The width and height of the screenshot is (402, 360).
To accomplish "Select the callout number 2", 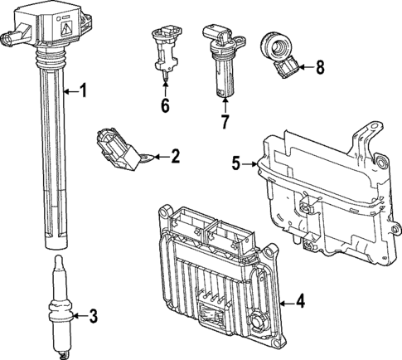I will click(x=174, y=154).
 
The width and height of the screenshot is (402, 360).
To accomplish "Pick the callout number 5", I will click(x=236, y=164).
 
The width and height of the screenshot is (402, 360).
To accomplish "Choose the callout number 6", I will click(x=165, y=105).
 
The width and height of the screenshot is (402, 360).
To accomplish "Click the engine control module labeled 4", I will click(x=217, y=277).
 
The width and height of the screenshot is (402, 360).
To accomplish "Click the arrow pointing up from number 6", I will click(x=165, y=85).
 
